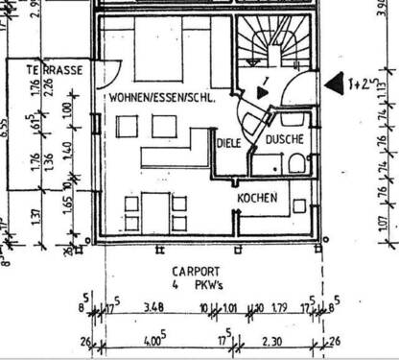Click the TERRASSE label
pyautogui.click(x=47, y=70)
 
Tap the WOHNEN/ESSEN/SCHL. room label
pyautogui.click(x=161, y=98)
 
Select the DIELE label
pyautogui.click(x=228, y=143)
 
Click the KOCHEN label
pyautogui.click(x=258, y=198)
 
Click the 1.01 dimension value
pyautogui.click(x=228, y=307)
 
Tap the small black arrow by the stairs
pyautogui.click(x=262, y=93)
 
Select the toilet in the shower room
pyautogui.click(x=296, y=160)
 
